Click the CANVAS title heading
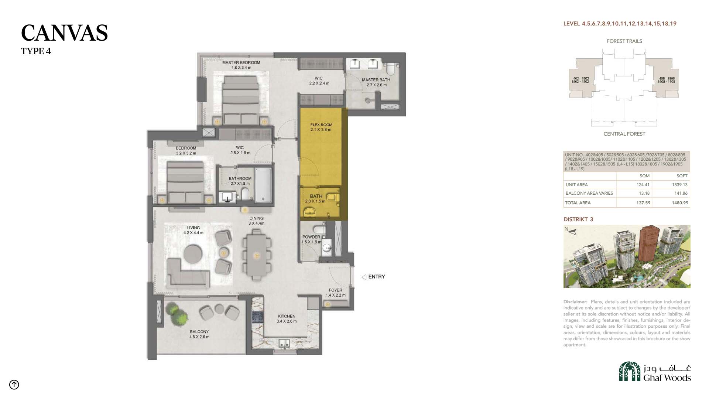64,33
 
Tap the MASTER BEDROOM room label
241,62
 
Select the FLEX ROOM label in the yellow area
321,125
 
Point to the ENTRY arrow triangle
364,277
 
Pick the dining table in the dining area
256,255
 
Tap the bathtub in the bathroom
263,185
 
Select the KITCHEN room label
287,316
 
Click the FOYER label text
335,290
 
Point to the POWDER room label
311,237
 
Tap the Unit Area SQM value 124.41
643,185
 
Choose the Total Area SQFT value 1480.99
680,203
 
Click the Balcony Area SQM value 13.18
644,193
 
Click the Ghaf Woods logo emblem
630,371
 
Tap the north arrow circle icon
14,385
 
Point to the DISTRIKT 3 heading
578,219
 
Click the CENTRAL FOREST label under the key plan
624,134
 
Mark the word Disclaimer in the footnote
575,302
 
